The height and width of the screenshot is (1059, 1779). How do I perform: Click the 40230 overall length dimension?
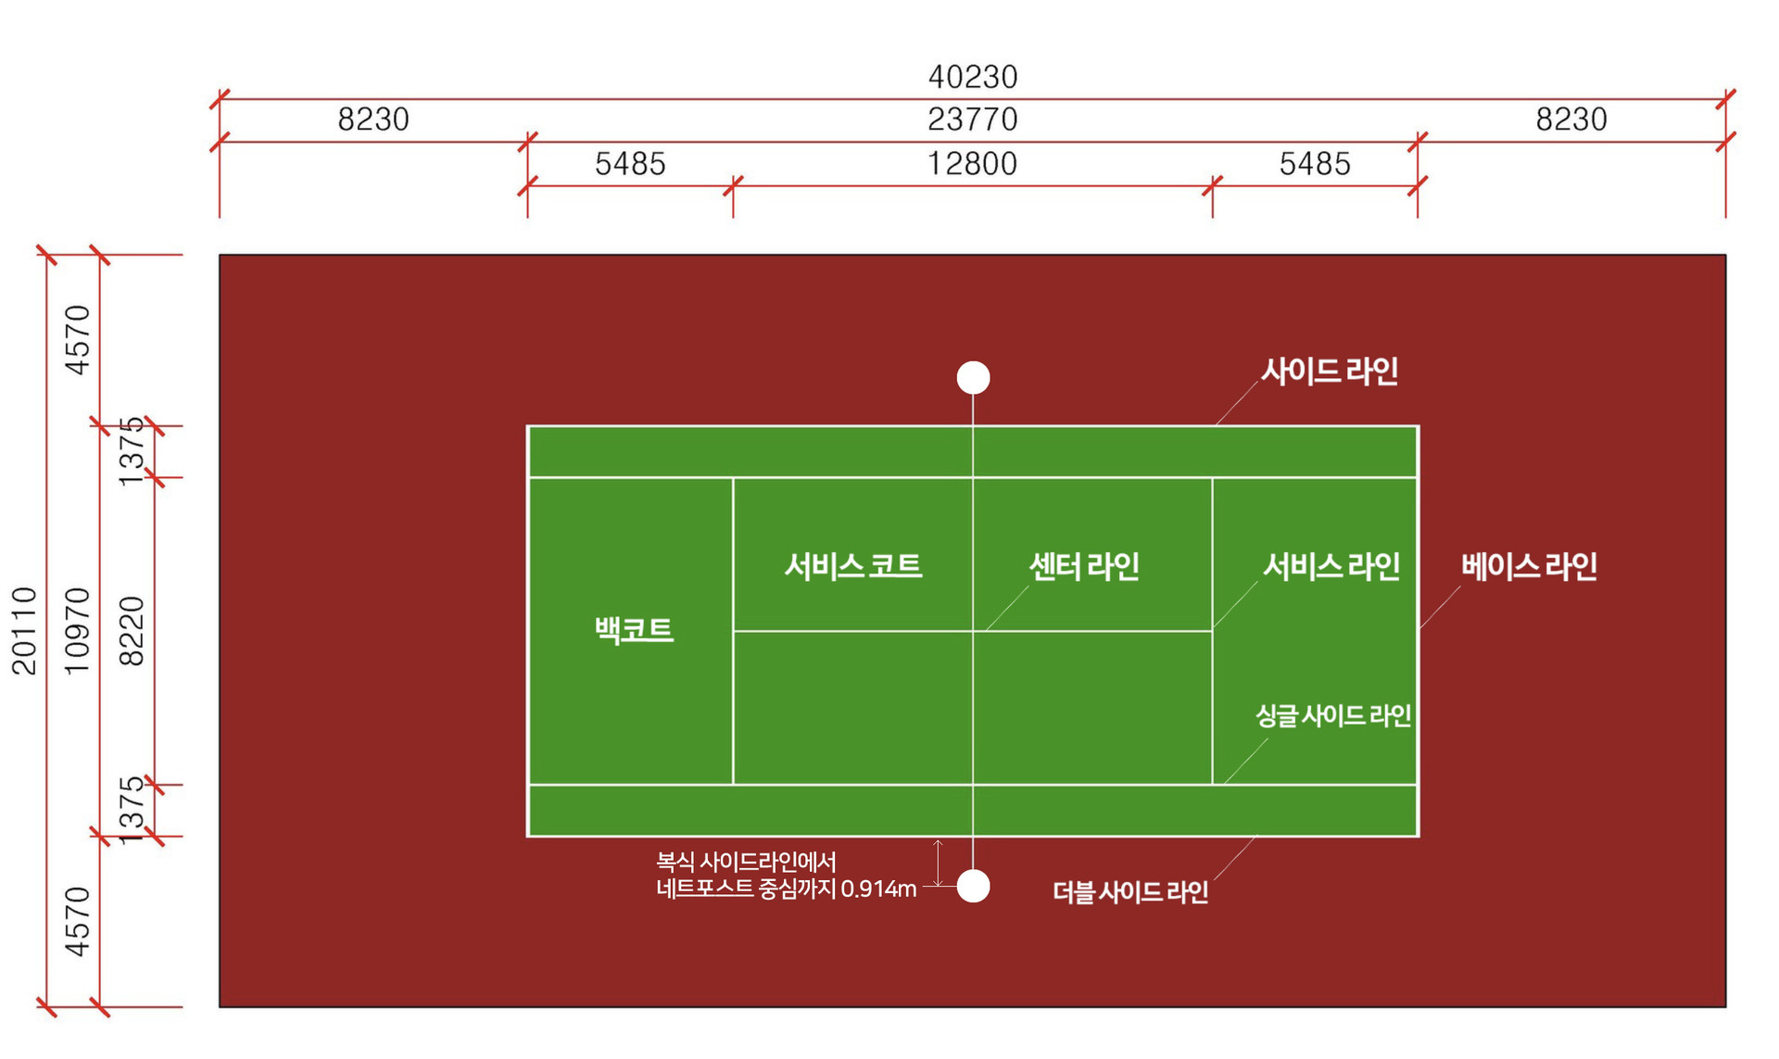(973, 77)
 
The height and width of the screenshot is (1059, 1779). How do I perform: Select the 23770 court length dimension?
(973, 120)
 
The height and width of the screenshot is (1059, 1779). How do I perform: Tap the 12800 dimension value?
(973, 164)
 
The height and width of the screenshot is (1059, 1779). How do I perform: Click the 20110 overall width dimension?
(24, 630)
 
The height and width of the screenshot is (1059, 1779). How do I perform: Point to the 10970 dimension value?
(77, 630)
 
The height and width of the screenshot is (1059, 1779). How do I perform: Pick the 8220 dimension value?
(132, 631)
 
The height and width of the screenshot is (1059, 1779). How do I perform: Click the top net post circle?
(973, 378)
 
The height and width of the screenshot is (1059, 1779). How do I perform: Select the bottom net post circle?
(973, 886)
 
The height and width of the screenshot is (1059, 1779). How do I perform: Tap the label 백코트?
(634, 630)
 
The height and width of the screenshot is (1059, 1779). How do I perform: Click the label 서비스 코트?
(853, 566)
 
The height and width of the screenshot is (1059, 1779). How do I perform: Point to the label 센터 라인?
(1084, 566)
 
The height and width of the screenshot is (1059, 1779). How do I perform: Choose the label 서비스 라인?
(1331, 566)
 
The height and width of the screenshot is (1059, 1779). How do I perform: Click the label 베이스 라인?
(1530, 566)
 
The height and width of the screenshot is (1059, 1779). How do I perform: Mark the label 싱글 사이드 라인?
(1333, 715)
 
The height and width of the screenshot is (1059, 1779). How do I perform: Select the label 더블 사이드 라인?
(1130, 892)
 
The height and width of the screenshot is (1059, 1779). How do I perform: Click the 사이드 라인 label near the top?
(1330, 372)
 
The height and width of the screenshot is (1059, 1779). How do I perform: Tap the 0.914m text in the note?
(878, 889)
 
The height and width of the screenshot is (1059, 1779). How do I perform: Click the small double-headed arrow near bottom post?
(938, 863)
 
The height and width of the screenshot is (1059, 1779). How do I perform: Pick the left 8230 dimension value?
(373, 120)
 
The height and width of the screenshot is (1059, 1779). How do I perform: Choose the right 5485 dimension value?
(1315, 164)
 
